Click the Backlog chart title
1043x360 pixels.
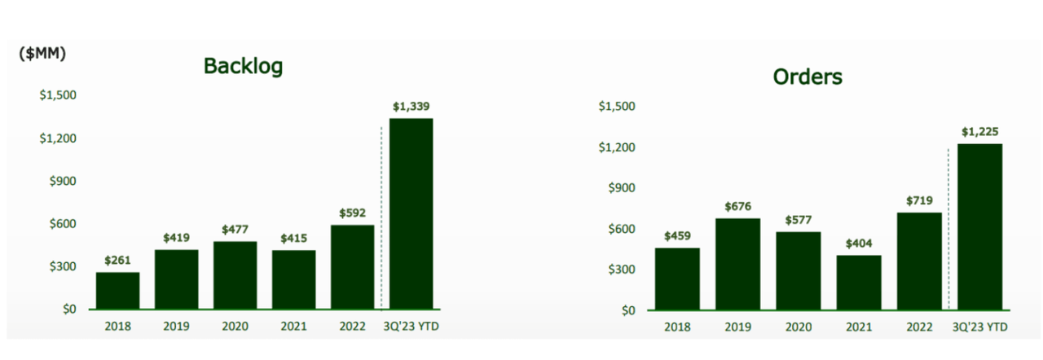click(x=243, y=66)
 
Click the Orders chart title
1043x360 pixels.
click(x=808, y=77)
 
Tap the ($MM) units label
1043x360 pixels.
click(x=42, y=54)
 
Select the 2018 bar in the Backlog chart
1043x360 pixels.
click(x=117, y=291)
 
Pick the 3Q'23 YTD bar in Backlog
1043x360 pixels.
click(x=411, y=213)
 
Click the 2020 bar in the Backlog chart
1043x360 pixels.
click(x=235, y=275)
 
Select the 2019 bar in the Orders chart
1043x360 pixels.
click(x=737, y=264)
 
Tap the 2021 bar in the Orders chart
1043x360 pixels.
click(x=859, y=282)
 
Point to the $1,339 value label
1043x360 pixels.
click(x=411, y=106)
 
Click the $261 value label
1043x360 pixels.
click(x=117, y=260)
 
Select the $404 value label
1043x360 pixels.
click(x=859, y=243)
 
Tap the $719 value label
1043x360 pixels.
click(x=919, y=200)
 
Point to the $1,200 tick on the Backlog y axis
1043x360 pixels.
click(x=58, y=138)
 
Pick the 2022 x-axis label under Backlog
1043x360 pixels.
click(x=352, y=327)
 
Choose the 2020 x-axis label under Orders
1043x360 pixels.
click(x=798, y=327)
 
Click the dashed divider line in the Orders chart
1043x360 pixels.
click(x=949, y=228)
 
